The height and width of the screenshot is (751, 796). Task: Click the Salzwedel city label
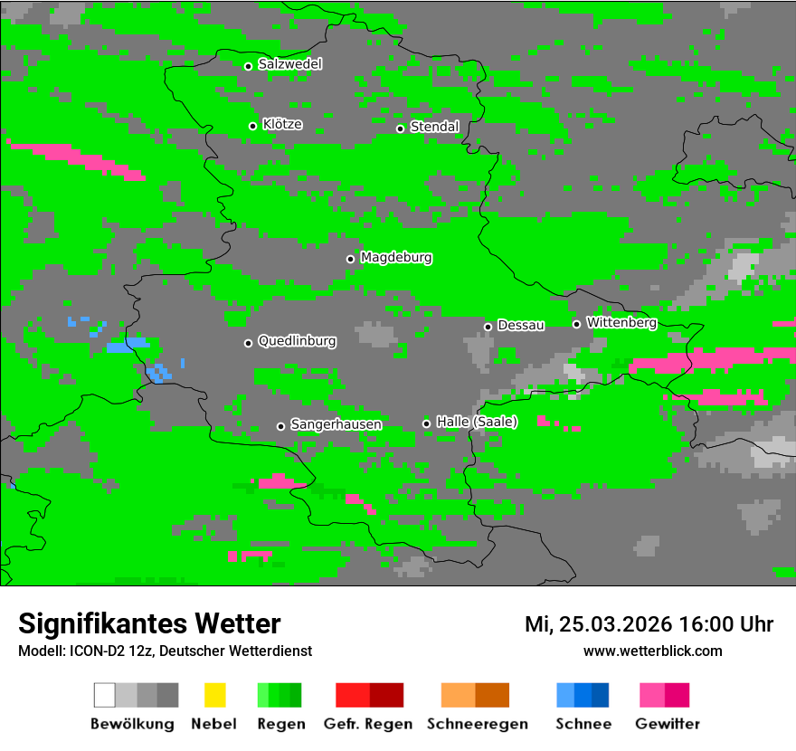(289, 64)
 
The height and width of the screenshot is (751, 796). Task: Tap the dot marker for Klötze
(252, 126)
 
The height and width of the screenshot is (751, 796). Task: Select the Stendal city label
(434, 127)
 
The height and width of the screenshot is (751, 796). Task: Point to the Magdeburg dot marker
(350, 259)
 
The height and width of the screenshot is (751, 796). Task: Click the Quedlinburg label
(297, 341)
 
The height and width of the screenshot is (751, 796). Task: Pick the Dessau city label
(521, 325)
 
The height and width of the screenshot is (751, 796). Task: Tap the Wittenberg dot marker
(576, 324)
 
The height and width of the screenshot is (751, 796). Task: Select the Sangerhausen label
(336, 424)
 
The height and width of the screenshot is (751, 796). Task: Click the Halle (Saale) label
(477, 422)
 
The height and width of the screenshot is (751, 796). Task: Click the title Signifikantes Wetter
(149, 623)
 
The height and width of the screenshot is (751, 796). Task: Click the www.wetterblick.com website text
(652, 651)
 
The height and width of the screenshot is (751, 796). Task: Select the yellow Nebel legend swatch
(214, 695)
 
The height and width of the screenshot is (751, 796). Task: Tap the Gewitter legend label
(668, 724)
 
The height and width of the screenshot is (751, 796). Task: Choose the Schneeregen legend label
(478, 724)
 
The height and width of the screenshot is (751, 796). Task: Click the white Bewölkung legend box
(104, 695)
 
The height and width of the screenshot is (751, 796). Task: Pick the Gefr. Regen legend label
(367, 724)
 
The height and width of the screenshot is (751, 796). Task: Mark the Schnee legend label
(583, 724)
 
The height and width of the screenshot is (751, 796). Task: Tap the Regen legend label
(280, 724)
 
